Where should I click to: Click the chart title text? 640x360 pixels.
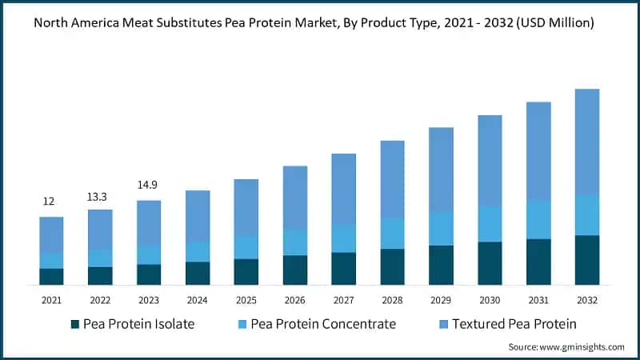[319, 23]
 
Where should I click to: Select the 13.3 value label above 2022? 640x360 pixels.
[100, 197]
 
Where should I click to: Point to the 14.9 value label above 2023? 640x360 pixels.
[149, 184]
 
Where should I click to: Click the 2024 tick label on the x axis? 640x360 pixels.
[198, 300]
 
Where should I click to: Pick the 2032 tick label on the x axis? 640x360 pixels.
[587, 300]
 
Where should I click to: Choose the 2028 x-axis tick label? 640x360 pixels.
[392, 300]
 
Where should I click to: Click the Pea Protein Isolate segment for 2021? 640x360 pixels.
[52, 276]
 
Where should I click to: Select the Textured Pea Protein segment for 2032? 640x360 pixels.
[587, 142]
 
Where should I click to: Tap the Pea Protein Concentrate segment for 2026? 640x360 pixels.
[295, 242]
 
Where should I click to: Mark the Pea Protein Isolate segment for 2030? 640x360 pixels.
[490, 263]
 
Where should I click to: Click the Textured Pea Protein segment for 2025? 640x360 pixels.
[246, 207]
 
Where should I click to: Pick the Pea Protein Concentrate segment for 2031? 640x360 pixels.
[538, 219]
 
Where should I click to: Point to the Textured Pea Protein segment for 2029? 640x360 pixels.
[441, 170]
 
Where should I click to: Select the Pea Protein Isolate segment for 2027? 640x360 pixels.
[344, 268]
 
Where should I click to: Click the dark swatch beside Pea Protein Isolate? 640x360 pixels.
[75, 324]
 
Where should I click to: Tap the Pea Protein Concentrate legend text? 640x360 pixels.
[323, 324]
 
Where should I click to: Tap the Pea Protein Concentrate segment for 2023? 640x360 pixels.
[149, 254]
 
